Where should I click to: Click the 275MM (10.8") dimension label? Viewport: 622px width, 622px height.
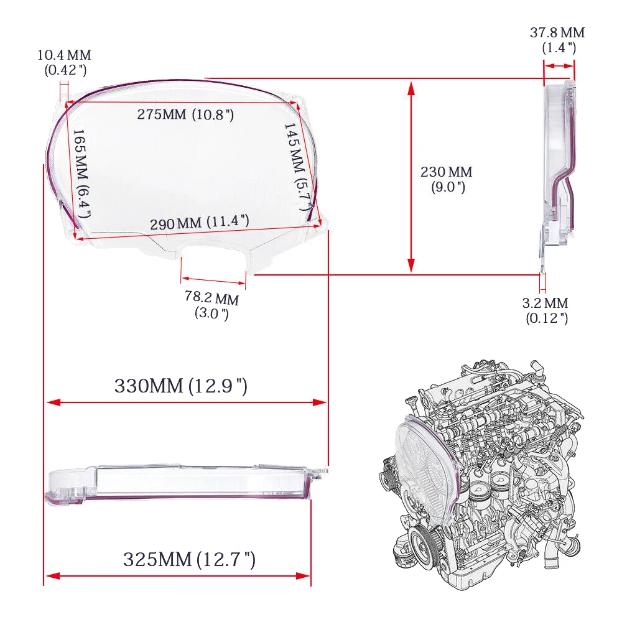tap(185, 115)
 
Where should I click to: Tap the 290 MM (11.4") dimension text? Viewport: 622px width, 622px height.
tap(200, 222)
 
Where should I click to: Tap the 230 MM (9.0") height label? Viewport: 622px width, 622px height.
tap(446, 179)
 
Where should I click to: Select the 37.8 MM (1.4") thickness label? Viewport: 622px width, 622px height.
tap(557, 39)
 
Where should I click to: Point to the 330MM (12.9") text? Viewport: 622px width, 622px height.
tap(181, 386)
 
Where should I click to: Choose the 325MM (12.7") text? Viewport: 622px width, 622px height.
tap(189, 559)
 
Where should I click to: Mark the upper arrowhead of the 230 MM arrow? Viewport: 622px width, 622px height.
tap(411, 87)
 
